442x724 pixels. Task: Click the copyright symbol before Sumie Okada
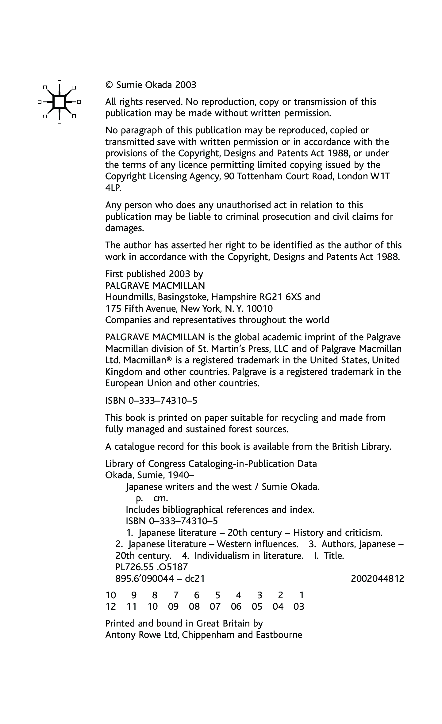tap(109, 85)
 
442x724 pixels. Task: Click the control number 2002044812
tap(377, 579)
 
